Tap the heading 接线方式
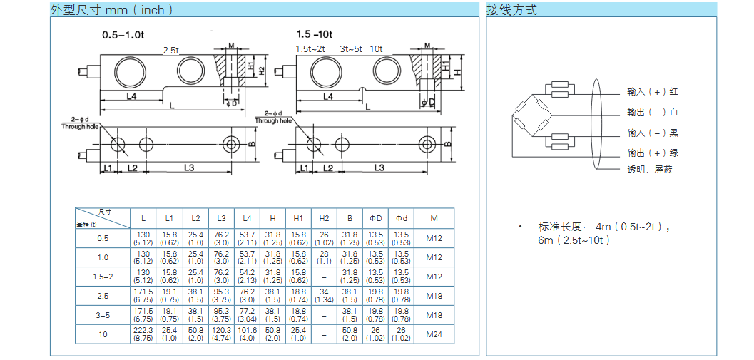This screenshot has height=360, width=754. pyautogui.click(x=511, y=10)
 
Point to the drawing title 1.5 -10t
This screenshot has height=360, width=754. pyautogui.click(x=315, y=35)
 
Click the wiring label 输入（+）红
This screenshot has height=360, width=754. pyautogui.click(x=652, y=92)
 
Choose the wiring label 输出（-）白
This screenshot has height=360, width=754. pyautogui.click(x=652, y=113)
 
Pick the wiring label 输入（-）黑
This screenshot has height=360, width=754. pyautogui.click(x=652, y=133)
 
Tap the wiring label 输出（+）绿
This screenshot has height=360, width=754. pyautogui.click(x=652, y=153)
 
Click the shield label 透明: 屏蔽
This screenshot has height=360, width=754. pyautogui.click(x=650, y=170)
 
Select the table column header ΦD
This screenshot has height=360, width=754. pyautogui.click(x=375, y=217)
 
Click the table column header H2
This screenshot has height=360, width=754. pyautogui.click(x=324, y=217)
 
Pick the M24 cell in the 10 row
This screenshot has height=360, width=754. pyautogui.click(x=434, y=334)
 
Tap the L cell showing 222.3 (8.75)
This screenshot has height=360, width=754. pyautogui.click(x=143, y=334)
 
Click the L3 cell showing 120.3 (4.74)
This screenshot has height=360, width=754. pyautogui.click(x=221, y=334)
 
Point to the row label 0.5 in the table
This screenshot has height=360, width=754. pyautogui.click(x=103, y=238)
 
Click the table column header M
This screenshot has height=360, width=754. pyautogui.click(x=434, y=217)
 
